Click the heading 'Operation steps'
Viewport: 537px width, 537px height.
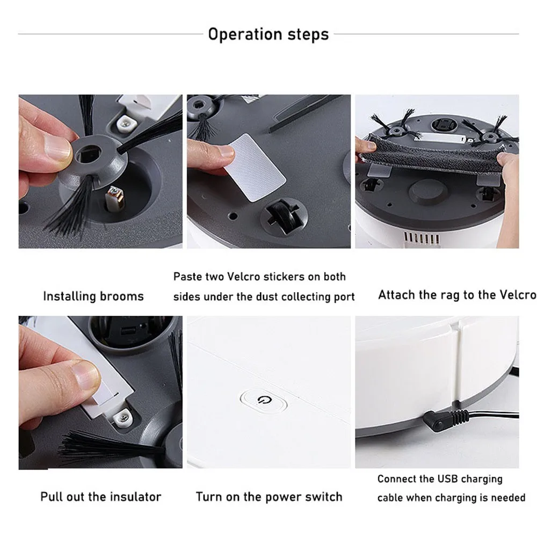(268, 34)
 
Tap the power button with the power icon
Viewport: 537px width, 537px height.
(263, 401)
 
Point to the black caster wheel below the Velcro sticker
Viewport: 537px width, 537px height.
(279, 218)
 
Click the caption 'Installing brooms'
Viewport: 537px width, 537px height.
(93, 296)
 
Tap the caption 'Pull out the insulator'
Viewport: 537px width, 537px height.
(100, 496)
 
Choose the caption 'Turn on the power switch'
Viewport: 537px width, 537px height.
(269, 496)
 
